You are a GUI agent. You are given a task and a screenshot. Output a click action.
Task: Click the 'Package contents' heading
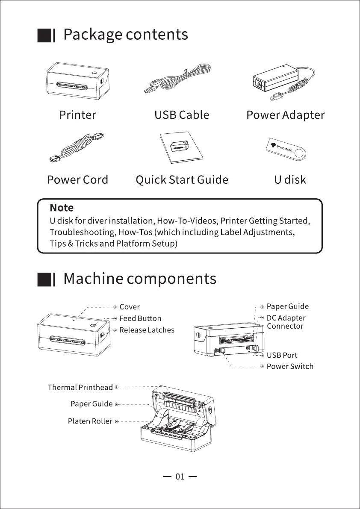click(125, 35)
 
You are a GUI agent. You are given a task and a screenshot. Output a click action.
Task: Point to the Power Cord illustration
click(77, 148)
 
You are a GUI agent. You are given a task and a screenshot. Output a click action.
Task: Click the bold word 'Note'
click(62, 208)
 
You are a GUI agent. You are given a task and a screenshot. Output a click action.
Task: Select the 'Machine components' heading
click(139, 279)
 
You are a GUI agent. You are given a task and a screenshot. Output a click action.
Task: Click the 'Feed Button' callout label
click(140, 318)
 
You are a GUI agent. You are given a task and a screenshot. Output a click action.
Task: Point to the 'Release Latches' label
click(147, 330)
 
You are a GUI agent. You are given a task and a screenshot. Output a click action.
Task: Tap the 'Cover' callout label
click(130, 307)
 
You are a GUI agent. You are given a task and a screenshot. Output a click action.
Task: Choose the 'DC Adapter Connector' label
click(286, 322)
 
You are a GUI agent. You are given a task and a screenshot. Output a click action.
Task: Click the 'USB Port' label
click(282, 355)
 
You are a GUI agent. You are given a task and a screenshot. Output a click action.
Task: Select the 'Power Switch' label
click(290, 366)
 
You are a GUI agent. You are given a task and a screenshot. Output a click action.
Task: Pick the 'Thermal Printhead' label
click(80, 388)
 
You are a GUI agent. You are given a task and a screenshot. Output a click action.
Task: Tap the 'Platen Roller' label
click(90, 421)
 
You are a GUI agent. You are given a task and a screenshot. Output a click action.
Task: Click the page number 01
click(180, 477)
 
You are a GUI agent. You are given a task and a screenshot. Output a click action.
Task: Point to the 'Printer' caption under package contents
click(77, 115)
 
